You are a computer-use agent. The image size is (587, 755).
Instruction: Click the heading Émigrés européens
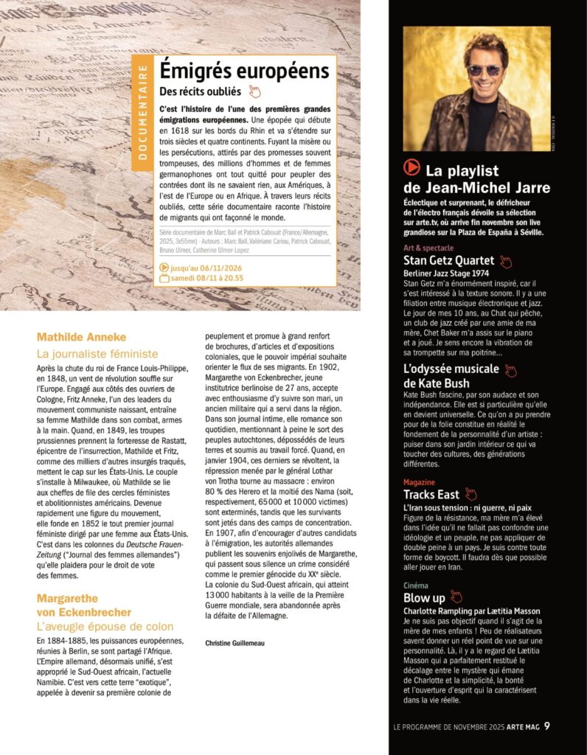coord(244,72)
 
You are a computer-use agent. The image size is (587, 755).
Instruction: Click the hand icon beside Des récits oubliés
coord(254,91)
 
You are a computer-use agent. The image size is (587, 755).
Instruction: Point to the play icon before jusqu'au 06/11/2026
coord(164,268)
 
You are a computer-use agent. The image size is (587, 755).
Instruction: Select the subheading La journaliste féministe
coord(97,354)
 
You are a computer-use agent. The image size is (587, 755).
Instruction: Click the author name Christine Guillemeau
coord(236,643)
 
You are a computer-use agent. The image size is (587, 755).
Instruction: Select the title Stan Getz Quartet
coord(449,260)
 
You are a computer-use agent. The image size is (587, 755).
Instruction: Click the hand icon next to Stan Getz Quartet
coord(505,261)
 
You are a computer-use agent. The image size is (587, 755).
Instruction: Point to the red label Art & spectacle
coord(428,248)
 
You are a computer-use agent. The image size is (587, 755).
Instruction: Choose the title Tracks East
coord(431,494)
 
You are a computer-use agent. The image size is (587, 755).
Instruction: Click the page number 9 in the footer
coord(547,727)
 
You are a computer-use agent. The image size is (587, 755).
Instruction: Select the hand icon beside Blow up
coord(456,596)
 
